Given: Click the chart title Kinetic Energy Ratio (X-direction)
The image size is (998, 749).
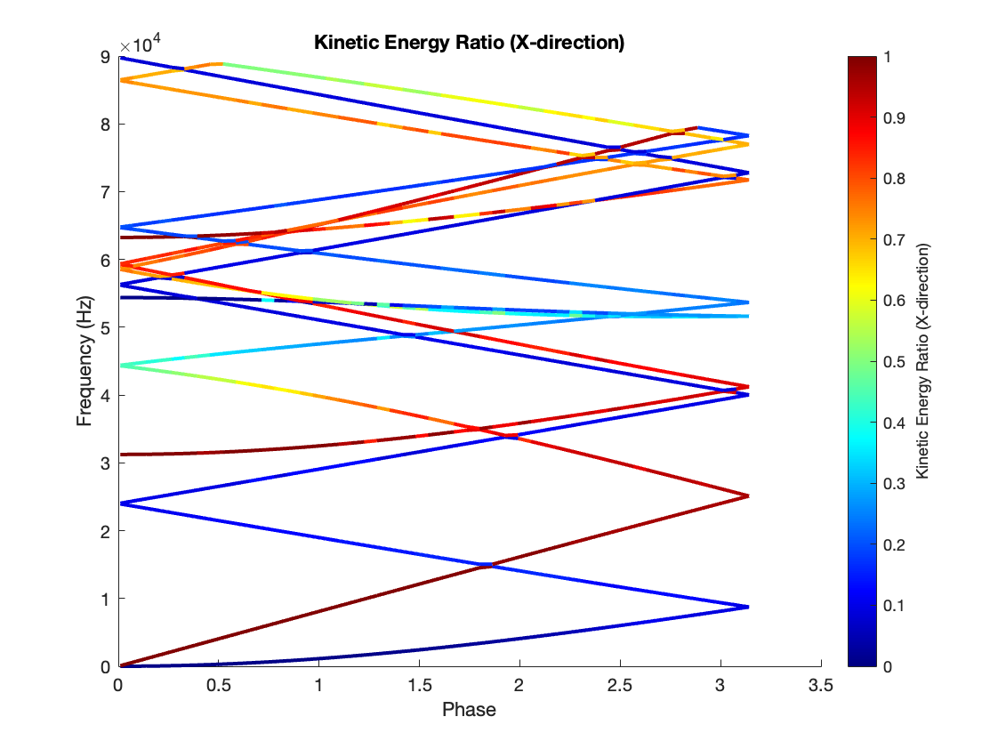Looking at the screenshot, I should (x=469, y=42).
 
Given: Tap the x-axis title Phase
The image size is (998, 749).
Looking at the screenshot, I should (x=469, y=710).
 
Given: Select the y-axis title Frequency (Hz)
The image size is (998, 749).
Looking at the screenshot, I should (x=85, y=361).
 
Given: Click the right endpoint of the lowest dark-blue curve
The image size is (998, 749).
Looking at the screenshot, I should (x=747, y=607).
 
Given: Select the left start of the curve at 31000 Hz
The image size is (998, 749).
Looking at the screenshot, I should (x=120, y=455).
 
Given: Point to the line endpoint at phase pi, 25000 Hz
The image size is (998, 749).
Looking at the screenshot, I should (x=747, y=496).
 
